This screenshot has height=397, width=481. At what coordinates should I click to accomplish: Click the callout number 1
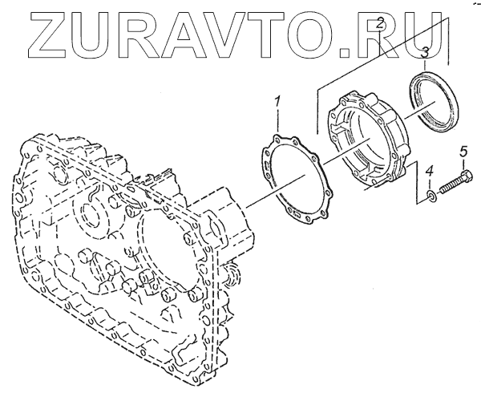click(x=277, y=103)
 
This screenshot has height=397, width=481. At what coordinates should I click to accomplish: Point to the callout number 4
click(x=430, y=171)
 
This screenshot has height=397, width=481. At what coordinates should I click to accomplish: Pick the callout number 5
click(x=463, y=151)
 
